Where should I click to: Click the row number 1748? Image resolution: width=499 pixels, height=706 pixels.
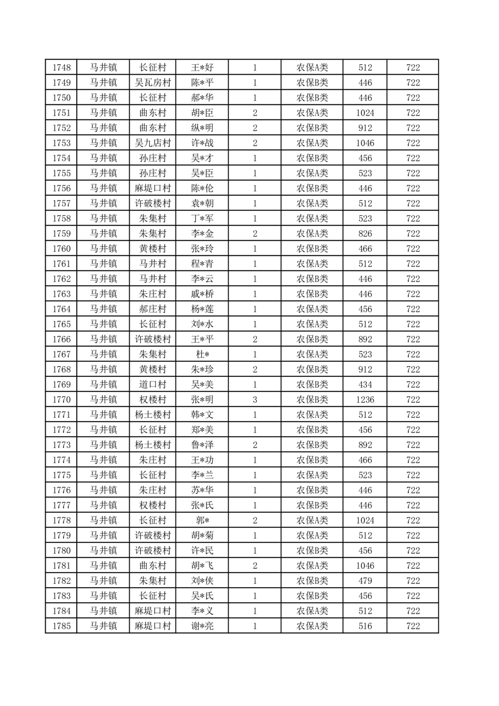pos(61,67)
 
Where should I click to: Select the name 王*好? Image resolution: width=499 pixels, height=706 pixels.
pos(202,67)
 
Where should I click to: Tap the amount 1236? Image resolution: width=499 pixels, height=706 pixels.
pos(365,400)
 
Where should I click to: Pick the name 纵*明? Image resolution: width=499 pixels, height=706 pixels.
pos(202,128)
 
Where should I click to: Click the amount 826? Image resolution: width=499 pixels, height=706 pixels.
pos(365,233)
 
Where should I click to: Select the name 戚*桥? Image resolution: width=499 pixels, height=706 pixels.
pos(202,294)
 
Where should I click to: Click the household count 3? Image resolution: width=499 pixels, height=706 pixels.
pos(254,400)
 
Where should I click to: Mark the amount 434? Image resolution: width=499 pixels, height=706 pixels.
pos(365,384)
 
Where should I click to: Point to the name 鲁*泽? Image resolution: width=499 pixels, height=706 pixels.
pos(202,445)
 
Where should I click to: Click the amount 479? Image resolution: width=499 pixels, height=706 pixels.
pos(365,581)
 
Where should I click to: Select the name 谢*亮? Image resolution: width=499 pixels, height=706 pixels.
pos(202,626)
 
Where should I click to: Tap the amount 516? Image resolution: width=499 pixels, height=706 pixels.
pos(365,626)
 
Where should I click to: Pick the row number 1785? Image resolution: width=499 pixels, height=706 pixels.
pos(61,626)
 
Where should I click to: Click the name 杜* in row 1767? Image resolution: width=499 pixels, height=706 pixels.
pos(202,354)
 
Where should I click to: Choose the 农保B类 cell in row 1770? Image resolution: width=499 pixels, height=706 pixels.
pos(312,400)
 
